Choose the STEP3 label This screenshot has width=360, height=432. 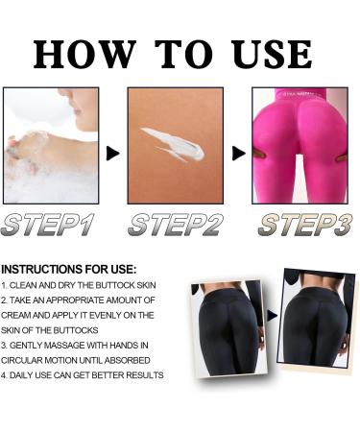300,226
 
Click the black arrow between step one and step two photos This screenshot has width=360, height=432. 113,152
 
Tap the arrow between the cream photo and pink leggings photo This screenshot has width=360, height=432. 238,152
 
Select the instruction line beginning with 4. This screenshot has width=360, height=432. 83,374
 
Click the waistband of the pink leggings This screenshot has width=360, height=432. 300,97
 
